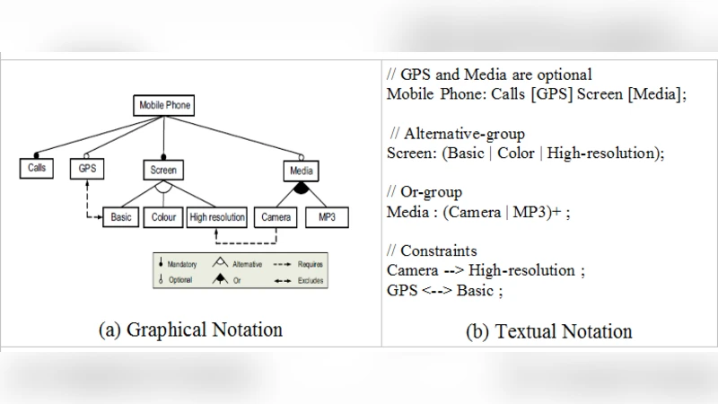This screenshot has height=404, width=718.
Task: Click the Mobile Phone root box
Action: (163, 105)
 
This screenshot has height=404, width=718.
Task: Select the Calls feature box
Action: (37, 168)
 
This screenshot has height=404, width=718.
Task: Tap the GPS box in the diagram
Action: (87, 169)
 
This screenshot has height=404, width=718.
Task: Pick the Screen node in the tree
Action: (162, 169)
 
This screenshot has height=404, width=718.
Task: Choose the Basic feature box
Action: (120, 217)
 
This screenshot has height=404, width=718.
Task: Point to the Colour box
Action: (163, 217)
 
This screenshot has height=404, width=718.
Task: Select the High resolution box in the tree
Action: (217, 217)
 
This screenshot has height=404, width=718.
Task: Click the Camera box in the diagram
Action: (276, 217)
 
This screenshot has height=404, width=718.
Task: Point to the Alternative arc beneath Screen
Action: (162, 189)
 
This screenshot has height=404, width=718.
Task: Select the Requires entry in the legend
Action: (300, 265)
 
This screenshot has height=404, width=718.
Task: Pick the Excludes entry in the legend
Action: (300, 280)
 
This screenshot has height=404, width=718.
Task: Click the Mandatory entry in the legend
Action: (179, 265)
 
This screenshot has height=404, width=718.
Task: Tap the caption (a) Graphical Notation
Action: (190, 329)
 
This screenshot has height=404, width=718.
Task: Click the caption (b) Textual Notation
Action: (549, 331)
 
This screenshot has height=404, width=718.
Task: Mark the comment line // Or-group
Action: (424, 192)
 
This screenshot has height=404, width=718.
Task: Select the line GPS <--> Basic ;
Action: (445, 290)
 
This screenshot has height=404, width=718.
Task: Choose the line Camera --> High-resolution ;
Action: (481, 270)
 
